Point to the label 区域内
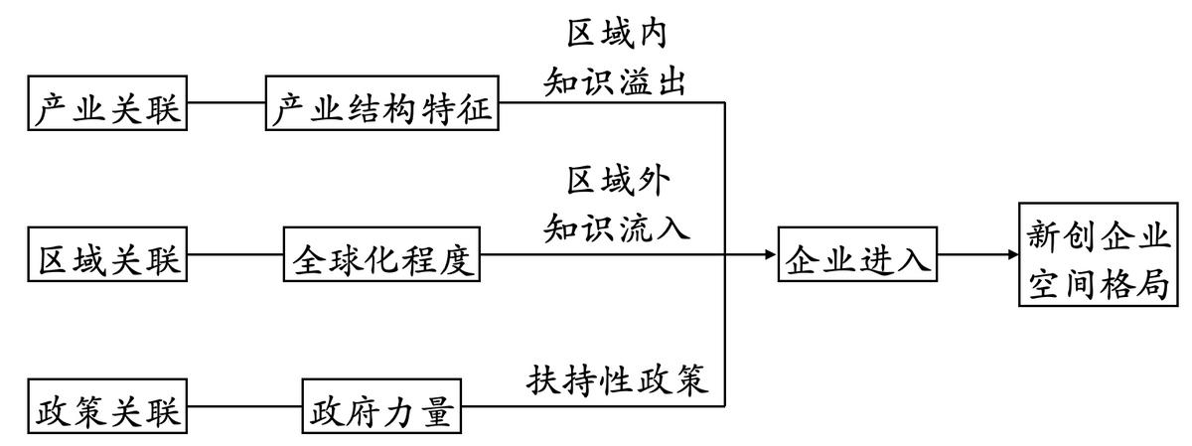coord(617,36)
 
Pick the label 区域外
coord(617,183)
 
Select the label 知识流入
coord(617,227)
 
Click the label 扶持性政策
coord(617,379)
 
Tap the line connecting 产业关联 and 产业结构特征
coord(225,102)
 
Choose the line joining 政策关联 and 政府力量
coord(244,406)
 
